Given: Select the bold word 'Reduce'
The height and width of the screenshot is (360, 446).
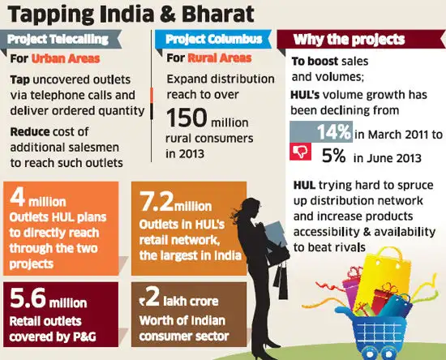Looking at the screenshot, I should pyautogui.click(x=33, y=131).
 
